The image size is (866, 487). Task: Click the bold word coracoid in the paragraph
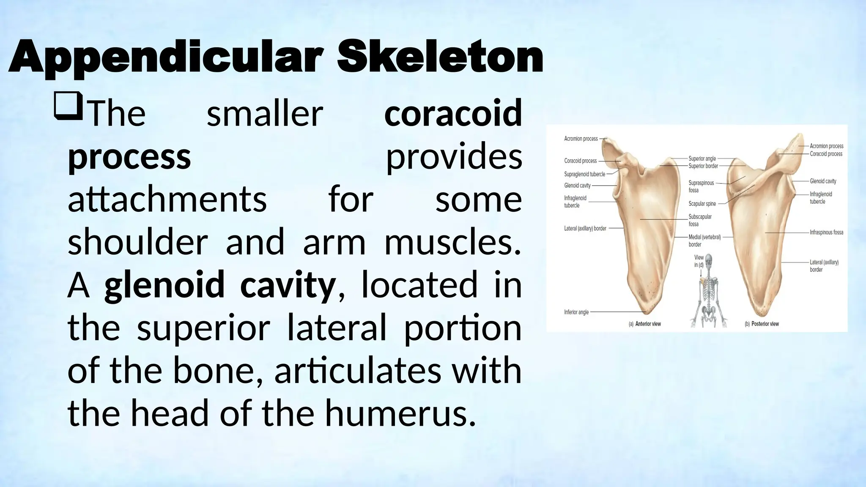(x=453, y=113)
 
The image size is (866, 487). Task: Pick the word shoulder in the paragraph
(x=137, y=242)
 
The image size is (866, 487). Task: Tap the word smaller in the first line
(x=265, y=113)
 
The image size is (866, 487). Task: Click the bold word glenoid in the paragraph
(x=164, y=285)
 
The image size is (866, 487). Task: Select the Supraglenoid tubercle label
(x=584, y=174)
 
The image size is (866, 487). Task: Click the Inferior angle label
(x=576, y=312)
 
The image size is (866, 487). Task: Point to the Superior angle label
(x=702, y=159)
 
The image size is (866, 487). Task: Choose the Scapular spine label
(x=702, y=204)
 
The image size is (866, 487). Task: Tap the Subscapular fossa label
(x=700, y=220)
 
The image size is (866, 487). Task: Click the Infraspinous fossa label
(x=826, y=233)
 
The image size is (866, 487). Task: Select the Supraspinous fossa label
(x=701, y=186)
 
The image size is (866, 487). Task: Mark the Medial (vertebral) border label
(x=704, y=241)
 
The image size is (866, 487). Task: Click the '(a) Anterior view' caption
(x=644, y=324)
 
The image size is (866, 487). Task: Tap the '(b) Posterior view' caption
(x=762, y=324)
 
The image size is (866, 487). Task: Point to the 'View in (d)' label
(x=699, y=261)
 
